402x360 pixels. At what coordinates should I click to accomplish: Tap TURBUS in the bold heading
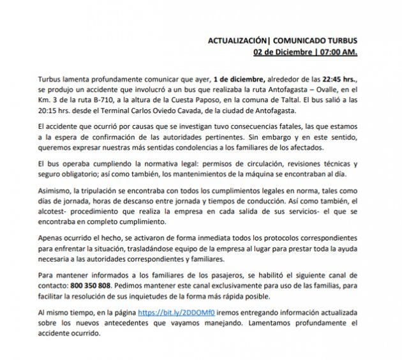(x=341, y=40)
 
